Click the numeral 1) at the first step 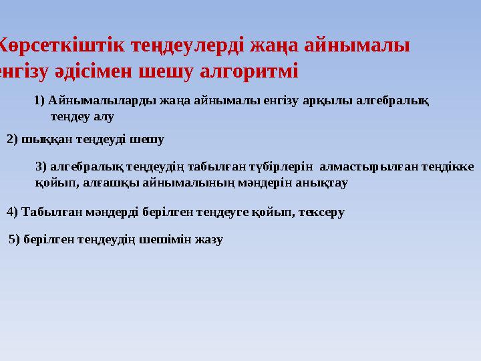[x=39, y=101]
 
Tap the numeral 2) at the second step [x=12, y=140]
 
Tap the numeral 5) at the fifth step [x=14, y=239]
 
